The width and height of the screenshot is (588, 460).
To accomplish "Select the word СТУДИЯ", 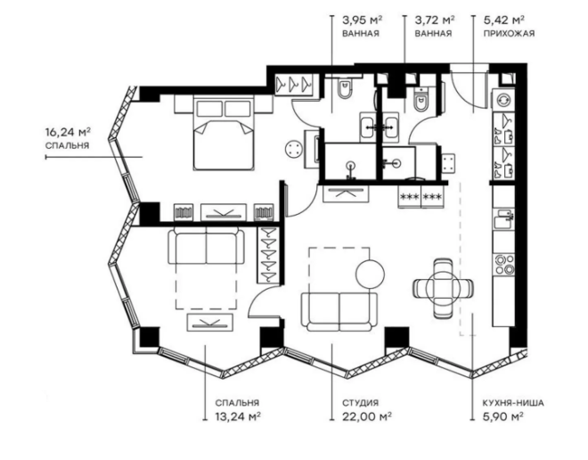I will click(x=358, y=402).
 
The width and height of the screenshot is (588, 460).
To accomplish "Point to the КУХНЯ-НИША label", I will click(x=502, y=402).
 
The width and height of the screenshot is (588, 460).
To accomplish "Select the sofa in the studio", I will click(x=339, y=311).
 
